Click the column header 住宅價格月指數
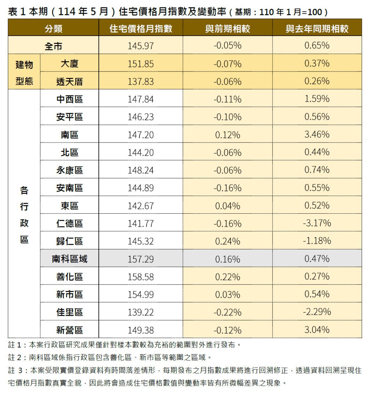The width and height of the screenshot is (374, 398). click(x=141, y=29)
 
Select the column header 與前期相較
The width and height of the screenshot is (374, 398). click(x=228, y=29)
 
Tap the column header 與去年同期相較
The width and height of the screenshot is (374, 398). click(x=317, y=29)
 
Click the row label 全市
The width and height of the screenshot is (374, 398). click(x=53, y=46)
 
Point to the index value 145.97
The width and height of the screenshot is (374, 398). click(x=141, y=46)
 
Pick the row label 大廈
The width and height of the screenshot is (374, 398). click(x=69, y=64)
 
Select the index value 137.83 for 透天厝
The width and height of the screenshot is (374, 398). click(x=141, y=82)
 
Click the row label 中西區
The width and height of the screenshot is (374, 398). click(x=69, y=99)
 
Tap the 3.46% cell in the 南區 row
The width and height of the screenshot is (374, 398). click(x=317, y=135)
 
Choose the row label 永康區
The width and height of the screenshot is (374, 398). click(x=69, y=170)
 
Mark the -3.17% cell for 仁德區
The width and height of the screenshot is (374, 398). click(x=317, y=224)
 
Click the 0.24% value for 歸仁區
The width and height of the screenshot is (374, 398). click(x=228, y=241)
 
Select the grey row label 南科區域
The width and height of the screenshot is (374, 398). click(x=69, y=259)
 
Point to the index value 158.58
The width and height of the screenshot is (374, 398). click(x=141, y=277)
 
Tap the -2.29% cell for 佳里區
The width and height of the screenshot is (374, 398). click(x=317, y=312)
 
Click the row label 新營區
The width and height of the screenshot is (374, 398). click(x=69, y=330)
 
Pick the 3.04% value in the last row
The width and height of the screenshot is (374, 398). click(x=317, y=330)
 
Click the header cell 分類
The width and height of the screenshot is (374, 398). click(x=53, y=29)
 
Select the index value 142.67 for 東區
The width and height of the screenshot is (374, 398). click(x=141, y=206)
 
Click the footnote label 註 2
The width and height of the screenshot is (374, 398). click(x=17, y=358)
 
